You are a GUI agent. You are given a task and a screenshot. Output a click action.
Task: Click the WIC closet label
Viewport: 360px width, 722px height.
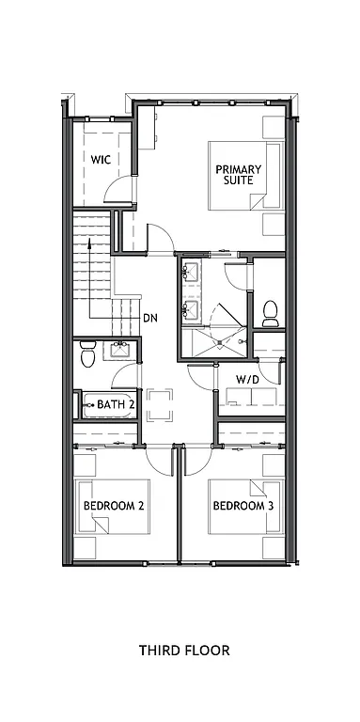tap(102, 160)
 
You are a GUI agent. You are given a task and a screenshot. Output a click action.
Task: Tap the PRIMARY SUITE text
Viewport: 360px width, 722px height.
tap(238, 175)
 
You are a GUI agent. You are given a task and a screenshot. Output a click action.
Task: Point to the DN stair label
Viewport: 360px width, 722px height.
tap(149, 317)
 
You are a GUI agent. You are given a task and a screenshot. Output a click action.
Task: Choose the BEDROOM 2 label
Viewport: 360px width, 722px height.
tap(114, 506)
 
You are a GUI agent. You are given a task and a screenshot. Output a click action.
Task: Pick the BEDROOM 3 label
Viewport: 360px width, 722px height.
tap(243, 506)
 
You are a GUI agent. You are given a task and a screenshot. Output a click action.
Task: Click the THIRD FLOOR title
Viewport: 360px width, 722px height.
tap(184, 650)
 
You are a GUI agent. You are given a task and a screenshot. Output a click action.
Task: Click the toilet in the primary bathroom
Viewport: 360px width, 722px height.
tap(270, 309)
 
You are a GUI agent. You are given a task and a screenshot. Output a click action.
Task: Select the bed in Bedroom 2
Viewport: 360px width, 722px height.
tap(112, 508)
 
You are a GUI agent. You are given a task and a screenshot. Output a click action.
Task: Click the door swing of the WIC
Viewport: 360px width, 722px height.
tap(119, 188)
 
